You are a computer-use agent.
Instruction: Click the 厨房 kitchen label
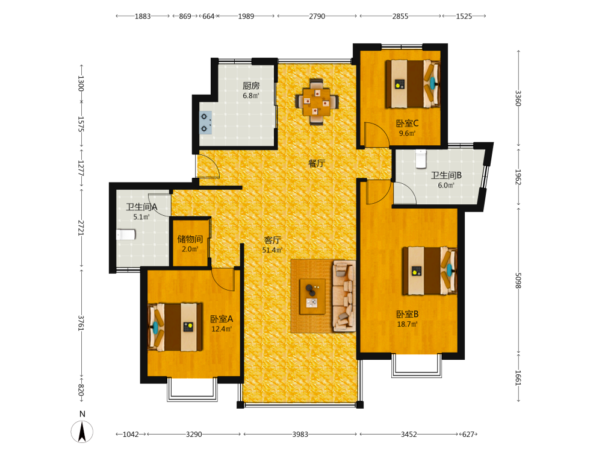250,86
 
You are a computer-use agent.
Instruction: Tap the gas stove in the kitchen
205,122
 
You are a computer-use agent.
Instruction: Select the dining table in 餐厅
317,102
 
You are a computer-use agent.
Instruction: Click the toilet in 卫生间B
421,159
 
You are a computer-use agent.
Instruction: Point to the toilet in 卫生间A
126,234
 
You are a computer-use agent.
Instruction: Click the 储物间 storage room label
190,239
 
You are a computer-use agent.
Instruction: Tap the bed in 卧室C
412,83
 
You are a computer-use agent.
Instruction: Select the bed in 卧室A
175,327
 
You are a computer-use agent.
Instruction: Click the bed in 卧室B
430,271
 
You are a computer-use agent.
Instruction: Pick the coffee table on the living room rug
312,297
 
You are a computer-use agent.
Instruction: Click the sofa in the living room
344,296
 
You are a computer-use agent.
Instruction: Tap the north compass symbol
82,432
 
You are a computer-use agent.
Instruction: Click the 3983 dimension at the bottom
300,435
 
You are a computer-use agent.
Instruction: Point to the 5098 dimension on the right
518,281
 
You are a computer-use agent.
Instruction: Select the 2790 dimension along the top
317,16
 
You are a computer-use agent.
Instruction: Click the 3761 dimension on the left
81,323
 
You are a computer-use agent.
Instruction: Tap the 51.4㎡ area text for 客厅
272,250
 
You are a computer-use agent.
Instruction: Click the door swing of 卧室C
377,134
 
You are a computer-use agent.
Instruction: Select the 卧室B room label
408,315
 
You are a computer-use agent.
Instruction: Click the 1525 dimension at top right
464,16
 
